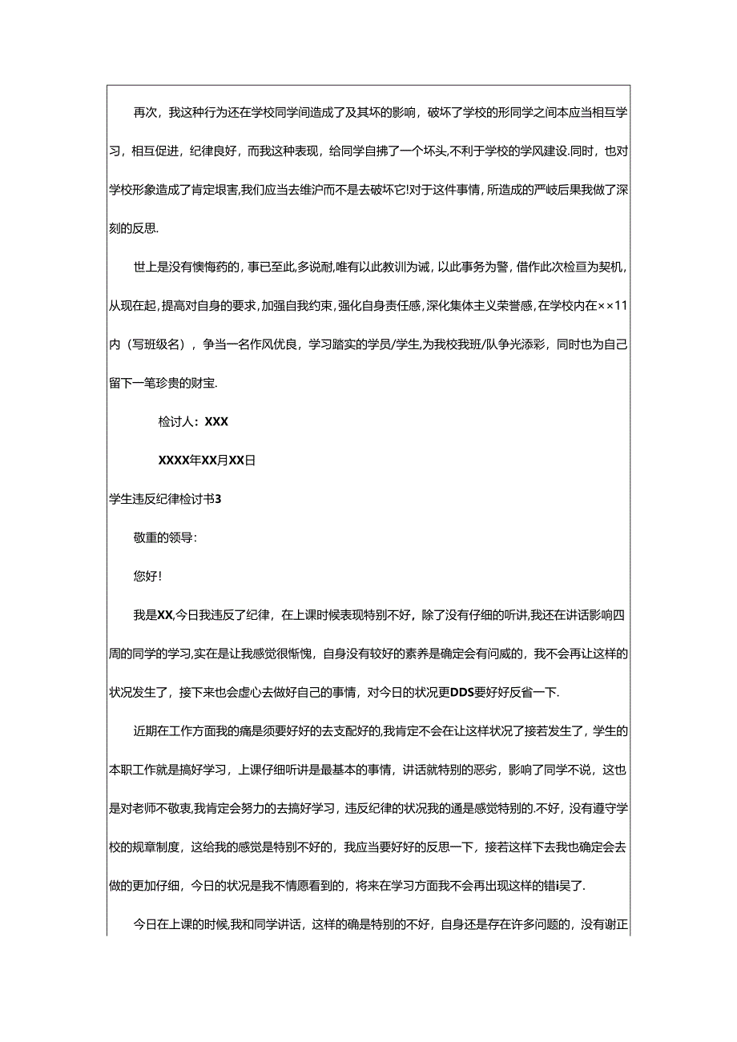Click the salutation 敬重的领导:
pyautogui.click(x=165, y=537)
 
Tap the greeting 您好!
pyautogui.click(x=147, y=576)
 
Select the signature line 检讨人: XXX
pyautogui.click(x=194, y=421)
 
